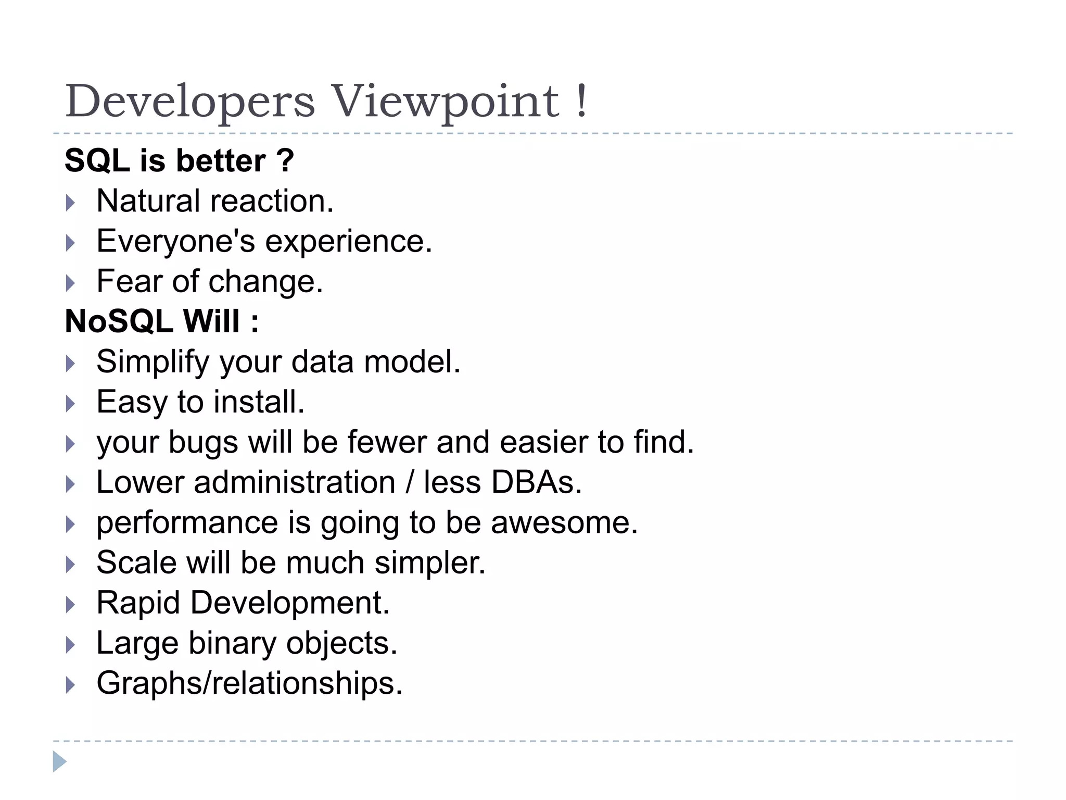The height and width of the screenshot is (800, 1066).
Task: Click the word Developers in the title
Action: (x=190, y=102)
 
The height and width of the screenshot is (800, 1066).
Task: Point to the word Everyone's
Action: (x=175, y=241)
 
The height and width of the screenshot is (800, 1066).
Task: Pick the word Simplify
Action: (x=153, y=362)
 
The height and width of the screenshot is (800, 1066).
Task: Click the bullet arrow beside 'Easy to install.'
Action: (x=71, y=403)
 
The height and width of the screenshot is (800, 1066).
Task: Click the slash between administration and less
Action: (x=410, y=482)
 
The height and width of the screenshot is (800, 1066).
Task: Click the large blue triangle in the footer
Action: (x=59, y=761)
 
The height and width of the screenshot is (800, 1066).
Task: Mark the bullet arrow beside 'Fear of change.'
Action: (x=71, y=283)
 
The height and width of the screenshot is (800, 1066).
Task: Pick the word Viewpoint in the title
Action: (x=445, y=102)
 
